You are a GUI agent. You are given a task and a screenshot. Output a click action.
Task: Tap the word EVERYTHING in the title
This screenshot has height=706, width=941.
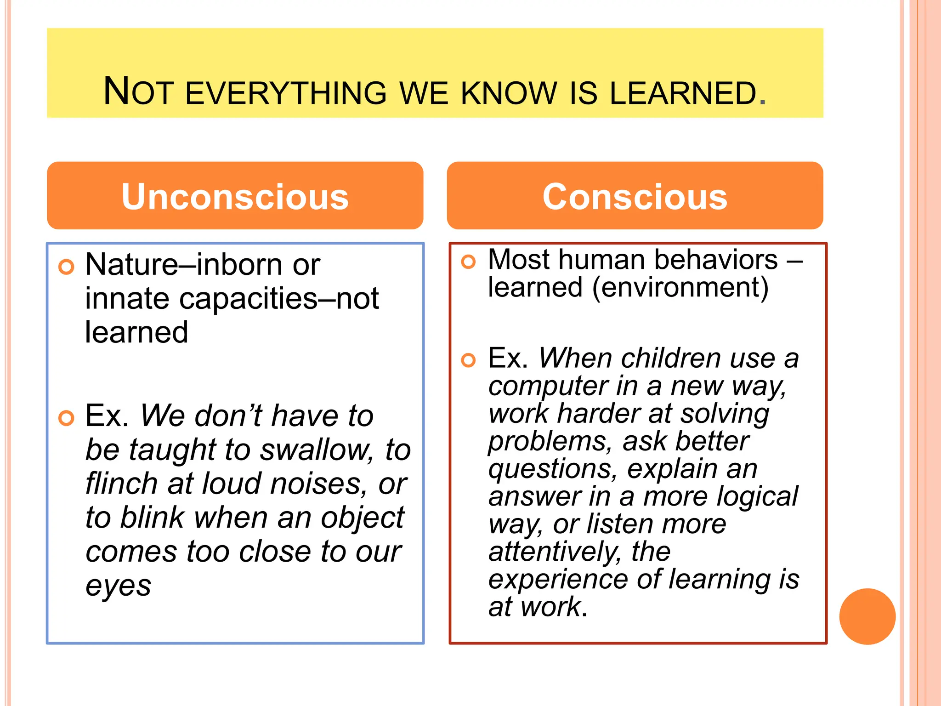pos(286,93)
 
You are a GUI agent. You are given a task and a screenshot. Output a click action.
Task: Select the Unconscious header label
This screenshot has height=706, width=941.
pos(235,197)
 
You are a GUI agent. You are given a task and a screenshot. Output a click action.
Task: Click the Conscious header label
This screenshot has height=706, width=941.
pos(635,197)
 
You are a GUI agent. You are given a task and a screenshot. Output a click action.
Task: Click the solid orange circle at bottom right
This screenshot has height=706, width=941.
pos(867,616)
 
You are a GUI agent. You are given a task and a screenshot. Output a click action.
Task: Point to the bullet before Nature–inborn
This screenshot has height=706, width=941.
pos(67,267)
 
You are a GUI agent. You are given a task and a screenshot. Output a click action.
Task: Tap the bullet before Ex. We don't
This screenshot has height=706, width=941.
pos(67,418)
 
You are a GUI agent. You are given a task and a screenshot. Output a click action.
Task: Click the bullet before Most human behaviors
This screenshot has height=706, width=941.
pos(468,262)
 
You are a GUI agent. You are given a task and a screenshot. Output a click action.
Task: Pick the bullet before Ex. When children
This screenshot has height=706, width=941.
pos(468,360)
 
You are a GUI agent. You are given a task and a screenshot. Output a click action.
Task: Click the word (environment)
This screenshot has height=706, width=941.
pos(680,288)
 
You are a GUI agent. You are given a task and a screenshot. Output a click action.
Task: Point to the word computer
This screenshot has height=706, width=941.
pos(547,386)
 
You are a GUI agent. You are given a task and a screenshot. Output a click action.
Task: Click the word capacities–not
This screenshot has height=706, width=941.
pos(279,299)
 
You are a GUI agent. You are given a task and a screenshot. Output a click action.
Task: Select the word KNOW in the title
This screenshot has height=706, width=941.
pos(509,93)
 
